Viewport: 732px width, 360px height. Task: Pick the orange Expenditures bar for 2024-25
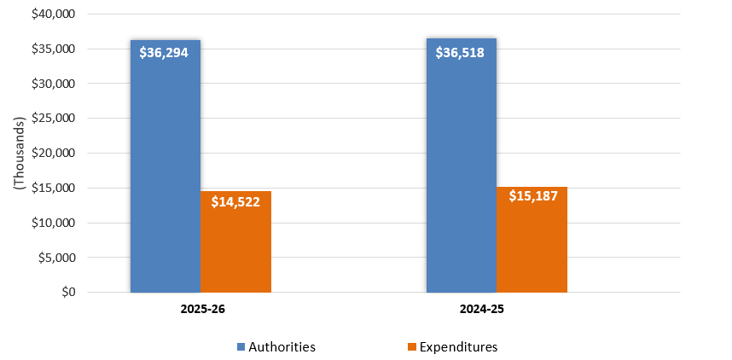[532, 247]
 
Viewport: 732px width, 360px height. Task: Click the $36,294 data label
[165, 52]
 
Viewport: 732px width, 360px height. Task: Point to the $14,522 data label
[235, 204]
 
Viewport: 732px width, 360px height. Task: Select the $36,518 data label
[461, 52]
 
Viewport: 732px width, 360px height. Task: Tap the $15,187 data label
[532, 195]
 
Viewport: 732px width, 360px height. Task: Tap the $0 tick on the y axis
[67, 292]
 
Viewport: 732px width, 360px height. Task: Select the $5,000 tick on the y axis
[57, 258]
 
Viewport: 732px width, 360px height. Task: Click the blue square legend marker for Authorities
[241, 346]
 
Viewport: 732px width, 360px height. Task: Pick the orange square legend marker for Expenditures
[412, 346]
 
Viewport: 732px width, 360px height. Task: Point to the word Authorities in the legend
[282, 346]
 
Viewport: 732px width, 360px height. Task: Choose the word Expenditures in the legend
[459, 346]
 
